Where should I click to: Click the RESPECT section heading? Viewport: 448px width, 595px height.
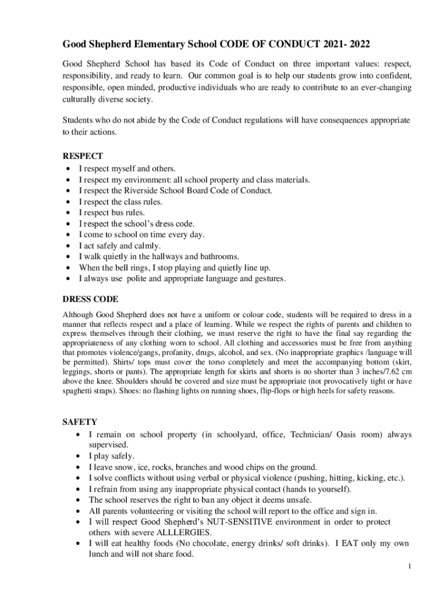(x=83, y=156)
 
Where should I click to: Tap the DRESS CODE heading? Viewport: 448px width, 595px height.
(x=90, y=299)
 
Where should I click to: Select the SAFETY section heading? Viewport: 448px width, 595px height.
(x=80, y=421)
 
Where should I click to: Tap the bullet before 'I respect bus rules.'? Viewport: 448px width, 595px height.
(x=69, y=213)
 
